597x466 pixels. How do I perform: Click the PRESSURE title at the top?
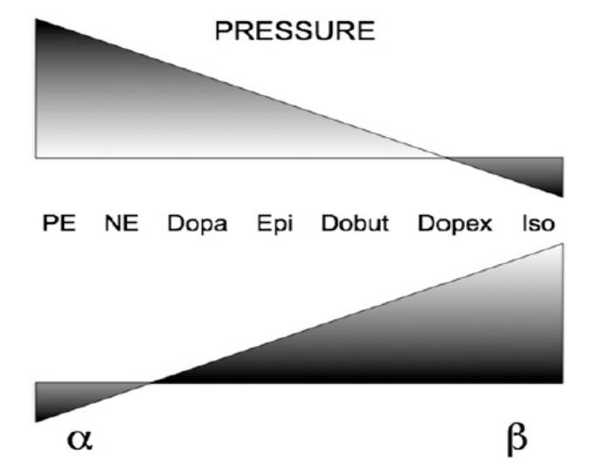click(295, 33)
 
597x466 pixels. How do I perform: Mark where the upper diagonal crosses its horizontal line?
click(445, 158)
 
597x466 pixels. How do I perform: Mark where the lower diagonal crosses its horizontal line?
click(154, 383)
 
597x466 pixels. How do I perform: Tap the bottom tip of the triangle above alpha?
click(37, 421)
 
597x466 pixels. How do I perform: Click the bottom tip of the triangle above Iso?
click(561, 196)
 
